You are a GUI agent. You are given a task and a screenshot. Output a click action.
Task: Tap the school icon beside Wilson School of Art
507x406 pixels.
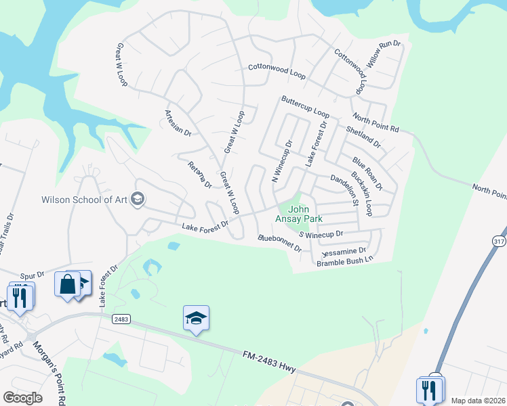tap(138, 198)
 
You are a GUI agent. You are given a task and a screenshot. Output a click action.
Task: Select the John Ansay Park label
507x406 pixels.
tap(298, 215)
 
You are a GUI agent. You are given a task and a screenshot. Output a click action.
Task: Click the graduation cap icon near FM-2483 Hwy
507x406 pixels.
tap(196, 318)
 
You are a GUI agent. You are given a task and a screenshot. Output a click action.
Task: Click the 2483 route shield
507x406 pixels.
tap(121, 319)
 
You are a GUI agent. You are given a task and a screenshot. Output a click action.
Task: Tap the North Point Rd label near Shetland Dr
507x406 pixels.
tap(376, 124)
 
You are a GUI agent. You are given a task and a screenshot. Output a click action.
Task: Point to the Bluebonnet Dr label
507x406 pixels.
tap(279, 243)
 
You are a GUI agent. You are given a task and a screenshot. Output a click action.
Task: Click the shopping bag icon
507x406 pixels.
tap(68, 284)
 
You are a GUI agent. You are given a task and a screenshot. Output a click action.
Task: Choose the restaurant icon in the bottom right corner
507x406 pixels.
tap(430, 390)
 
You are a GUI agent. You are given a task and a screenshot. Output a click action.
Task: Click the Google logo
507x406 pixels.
tap(22, 398)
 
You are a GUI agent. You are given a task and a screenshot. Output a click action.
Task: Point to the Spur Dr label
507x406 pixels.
tap(31, 275)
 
